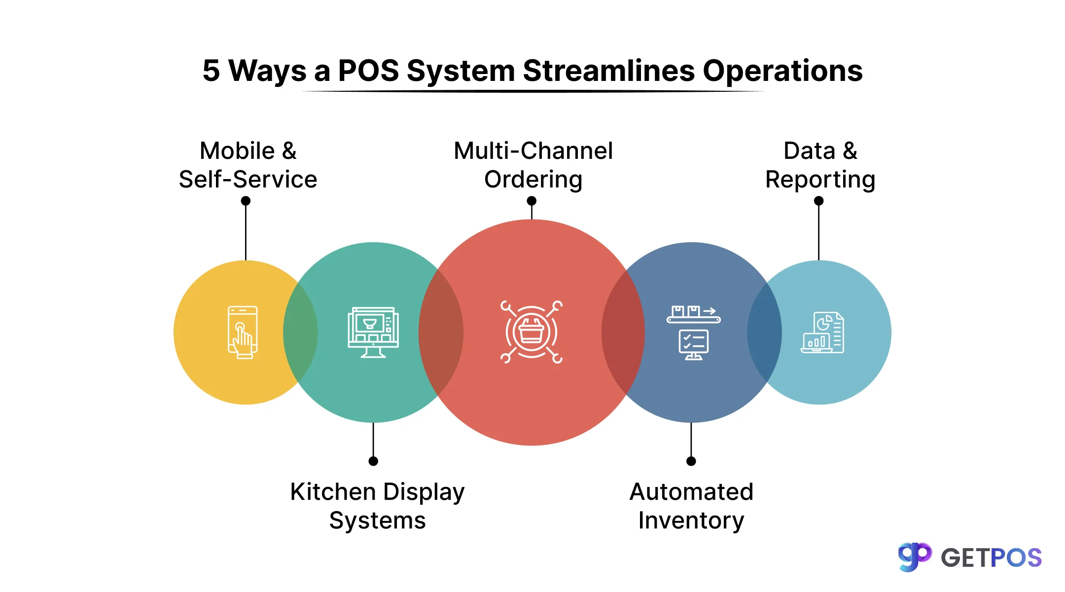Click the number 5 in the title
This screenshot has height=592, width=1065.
(x=211, y=71)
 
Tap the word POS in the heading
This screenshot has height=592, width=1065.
(x=368, y=71)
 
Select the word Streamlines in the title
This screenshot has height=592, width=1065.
(x=608, y=71)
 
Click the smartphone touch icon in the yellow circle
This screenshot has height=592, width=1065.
(x=243, y=332)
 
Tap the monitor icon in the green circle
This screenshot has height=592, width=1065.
(x=373, y=332)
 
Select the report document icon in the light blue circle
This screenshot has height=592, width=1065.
(x=822, y=332)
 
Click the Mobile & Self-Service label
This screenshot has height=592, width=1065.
(x=248, y=165)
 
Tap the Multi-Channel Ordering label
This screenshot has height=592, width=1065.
(x=533, y=165)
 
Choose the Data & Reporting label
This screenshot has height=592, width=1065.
(x=820, y=165)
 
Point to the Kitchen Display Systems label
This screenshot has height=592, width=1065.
(x=377, y=506)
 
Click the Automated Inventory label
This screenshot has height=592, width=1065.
(x=691, y=506)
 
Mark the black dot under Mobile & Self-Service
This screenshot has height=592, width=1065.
(x=246, y=201)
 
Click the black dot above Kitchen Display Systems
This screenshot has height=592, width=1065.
(x=373, y=461)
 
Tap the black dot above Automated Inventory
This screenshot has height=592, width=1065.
(x=691, y=461)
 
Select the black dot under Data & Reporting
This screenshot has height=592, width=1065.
(x=818, y=201)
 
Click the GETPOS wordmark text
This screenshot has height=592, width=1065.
(x=991, y=558)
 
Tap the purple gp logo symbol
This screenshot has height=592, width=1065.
(x=915, y=557)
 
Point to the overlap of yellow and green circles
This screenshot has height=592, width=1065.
(x=300, y=332)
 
